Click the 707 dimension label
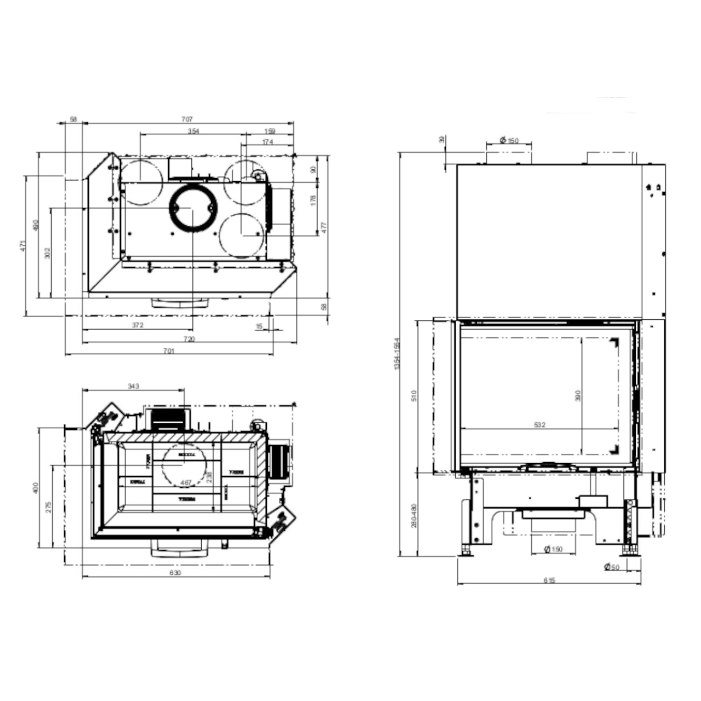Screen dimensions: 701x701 (187, 119)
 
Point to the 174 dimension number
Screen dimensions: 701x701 (267, 142)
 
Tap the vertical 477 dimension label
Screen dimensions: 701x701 (324, 228)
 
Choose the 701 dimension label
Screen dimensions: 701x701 (169, 351)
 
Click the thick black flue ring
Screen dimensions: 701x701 (193, 208)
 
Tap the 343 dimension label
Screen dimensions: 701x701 (133, 386)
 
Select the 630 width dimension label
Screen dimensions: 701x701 (175, 573)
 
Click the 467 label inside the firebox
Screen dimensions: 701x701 (186, 482)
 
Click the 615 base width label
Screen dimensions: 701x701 (549, 581)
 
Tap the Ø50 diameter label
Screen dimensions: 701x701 (612, 567)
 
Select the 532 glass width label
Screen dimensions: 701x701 (539, 425)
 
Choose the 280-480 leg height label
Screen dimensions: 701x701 (414, 516)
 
